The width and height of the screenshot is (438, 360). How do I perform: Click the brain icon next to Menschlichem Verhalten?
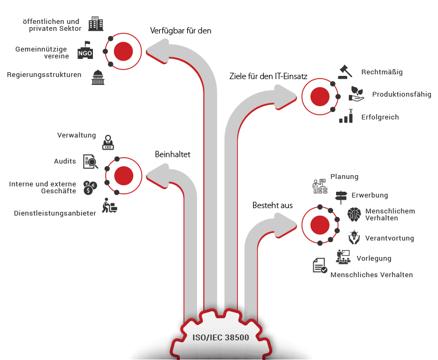coord(354,214)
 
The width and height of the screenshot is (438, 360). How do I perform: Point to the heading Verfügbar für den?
coord(181,31)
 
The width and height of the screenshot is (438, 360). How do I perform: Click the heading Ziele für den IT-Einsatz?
coord(269,76)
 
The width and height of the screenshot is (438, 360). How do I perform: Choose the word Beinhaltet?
coord(173,155)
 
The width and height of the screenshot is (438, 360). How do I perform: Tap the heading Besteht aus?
coord(272,205)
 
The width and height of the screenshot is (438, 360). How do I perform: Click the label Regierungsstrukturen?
coord(44,75)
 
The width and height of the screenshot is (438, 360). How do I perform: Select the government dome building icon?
coord(97,78)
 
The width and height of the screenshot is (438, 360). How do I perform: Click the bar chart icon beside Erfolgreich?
coord(346,116)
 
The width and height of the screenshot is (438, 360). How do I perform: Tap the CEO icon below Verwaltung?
coord(108,142)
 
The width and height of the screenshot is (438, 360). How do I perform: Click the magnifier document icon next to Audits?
coord(90,161)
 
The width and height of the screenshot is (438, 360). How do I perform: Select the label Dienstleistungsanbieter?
coord(55,213)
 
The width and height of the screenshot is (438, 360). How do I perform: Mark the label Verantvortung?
coord(390,238)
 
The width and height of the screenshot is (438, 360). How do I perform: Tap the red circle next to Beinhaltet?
coord(124,175)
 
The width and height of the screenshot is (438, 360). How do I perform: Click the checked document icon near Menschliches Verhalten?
coord(320,265)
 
